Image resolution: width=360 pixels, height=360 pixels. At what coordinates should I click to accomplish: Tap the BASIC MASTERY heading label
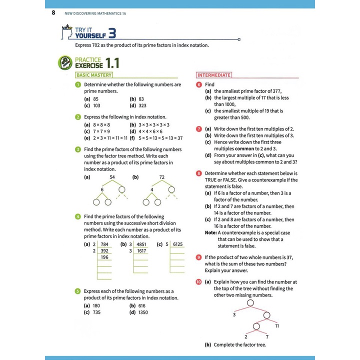pyautogui.click(x=93, y=75)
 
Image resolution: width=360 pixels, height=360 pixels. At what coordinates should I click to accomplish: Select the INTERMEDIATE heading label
pyautogui.click(x=214, y=75)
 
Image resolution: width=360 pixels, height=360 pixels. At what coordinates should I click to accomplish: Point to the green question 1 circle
pyautogui.click(x=78, y=84)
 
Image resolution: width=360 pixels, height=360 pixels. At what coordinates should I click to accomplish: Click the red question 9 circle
pyautogui.click(x=199, y=257)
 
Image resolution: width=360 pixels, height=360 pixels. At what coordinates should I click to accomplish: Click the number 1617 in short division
pyautogui.click(x=141, y=251)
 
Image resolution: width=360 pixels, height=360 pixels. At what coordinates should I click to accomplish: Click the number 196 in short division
pyautogui.click(x=104, y=257)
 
